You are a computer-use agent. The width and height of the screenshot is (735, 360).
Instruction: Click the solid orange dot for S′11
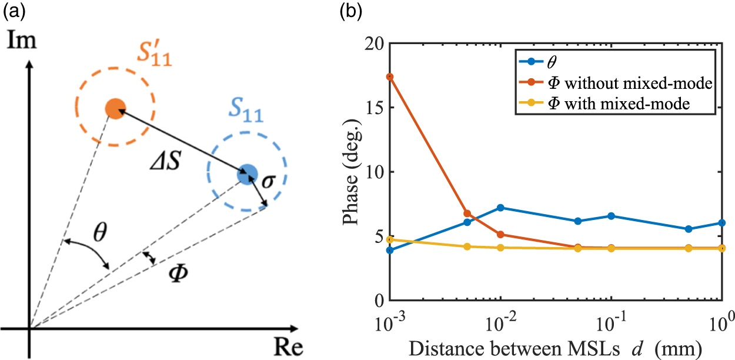click(x=115, y=109)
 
